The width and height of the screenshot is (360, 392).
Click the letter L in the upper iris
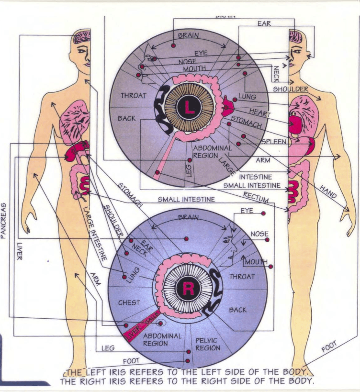click(190, 109)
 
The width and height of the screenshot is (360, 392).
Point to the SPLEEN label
click(274, 142)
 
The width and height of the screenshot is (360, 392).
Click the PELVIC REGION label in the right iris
click(207, 344)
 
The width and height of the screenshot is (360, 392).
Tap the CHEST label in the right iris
click(129, 302)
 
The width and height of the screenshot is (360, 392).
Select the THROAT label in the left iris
click(133, 96)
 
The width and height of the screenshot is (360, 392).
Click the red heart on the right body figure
click(295, 123)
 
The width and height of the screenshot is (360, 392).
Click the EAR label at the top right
click(264, 23)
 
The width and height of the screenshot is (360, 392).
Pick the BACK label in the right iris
click(237, 310)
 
